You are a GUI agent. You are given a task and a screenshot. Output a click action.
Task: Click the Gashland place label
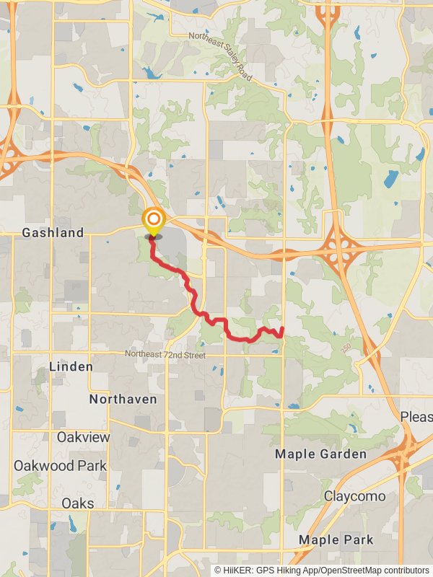coord(53,233)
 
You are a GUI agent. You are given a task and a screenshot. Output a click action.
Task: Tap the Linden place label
coord(71,367)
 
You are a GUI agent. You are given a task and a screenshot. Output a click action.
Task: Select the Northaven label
coord(123,399)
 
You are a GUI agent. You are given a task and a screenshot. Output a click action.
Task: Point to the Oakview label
coord(84,438)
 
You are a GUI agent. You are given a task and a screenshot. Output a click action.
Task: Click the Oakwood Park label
coord(60,465)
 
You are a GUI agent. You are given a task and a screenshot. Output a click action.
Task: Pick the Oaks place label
coord(77,503)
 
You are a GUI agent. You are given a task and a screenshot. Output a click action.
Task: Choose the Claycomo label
coord(354,496)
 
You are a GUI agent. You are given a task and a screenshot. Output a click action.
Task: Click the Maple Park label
coord(336,539)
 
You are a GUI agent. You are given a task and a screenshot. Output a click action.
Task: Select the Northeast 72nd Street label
coord(165,355)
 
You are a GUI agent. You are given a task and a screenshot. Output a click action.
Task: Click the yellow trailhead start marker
coord(153,220)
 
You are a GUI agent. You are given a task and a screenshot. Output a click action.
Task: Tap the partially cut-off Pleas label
coord(416,418)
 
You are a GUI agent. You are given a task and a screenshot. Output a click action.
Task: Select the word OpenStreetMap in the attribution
coord(347,570)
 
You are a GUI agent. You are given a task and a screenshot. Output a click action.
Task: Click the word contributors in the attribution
coord(404,570)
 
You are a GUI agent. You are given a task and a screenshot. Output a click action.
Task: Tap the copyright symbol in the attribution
coord(219,570)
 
